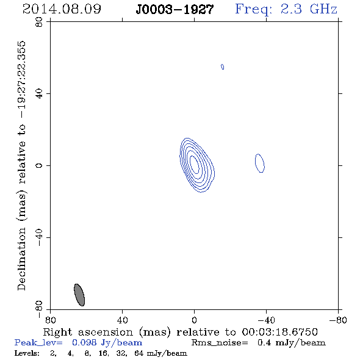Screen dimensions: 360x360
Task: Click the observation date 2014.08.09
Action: (62, 9)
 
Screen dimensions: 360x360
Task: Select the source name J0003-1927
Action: (175, 10)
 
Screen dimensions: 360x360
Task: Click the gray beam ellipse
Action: (79, 295)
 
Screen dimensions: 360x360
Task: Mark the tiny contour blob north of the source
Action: (222, 67)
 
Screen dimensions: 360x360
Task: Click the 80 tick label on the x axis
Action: (51, 320)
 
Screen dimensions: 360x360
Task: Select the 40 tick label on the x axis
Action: (122, 320)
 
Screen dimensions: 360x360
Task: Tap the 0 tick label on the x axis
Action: (194, 320)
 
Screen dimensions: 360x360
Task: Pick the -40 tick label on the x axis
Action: (266, 320)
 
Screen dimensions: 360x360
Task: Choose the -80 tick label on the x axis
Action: (338, 320)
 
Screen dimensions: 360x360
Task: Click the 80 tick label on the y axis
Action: (39, 22)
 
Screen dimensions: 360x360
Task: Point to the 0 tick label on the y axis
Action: (39, 165)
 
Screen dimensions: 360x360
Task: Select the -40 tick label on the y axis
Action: (39, 237)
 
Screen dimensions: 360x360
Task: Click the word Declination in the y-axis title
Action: (21, 259)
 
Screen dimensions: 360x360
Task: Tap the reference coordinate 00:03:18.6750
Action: (279, 332)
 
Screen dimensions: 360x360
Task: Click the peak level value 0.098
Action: (84, 342)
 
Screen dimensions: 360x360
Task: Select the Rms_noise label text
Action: (220, 343)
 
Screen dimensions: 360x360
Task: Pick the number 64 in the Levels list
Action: (139, 353)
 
